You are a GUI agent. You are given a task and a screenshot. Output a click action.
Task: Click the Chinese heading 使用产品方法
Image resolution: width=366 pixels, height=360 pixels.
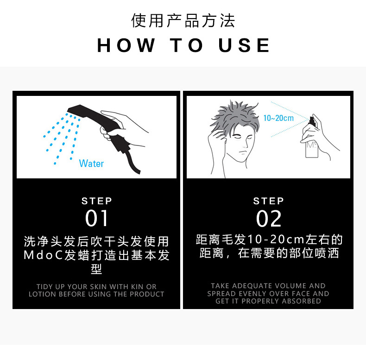tap(183, 21)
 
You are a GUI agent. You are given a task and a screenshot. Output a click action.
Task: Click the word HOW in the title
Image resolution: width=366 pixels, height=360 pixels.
tap(126, 45)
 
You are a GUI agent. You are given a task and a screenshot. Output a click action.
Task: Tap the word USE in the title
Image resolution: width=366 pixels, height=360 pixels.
tap(244, 45)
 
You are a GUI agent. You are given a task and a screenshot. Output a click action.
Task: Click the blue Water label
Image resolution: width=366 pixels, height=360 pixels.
tap(91, 163)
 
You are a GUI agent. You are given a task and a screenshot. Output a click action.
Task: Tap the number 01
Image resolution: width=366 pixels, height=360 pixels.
tap(97, 218)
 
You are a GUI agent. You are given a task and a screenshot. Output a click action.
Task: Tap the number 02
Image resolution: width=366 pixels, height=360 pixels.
tap(269, 218)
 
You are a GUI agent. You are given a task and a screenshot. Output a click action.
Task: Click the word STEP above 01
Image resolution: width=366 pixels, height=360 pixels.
tap(97, 201)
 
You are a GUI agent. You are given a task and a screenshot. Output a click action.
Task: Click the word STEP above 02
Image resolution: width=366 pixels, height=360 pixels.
tap(269, 201)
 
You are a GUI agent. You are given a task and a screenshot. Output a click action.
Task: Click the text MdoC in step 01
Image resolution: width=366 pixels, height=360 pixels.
tap(43, 256)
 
